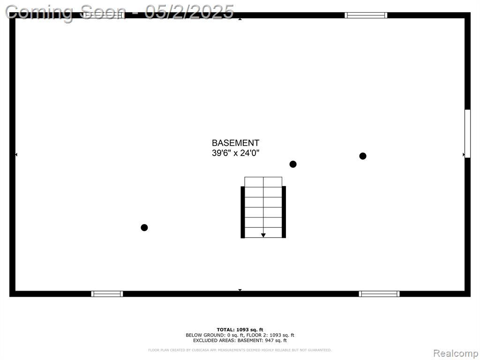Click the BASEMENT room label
235,143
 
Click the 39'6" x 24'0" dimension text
235,153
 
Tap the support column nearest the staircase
293,165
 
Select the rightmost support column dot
363,156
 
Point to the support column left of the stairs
144,227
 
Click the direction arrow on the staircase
263,235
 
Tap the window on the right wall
467,134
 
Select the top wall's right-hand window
366,15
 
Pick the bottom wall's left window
107,294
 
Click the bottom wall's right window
379,294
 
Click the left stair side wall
243,212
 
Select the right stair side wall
284,212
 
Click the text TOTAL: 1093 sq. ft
240,330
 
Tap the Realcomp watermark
456,353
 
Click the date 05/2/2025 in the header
189,12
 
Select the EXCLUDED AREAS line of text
240,340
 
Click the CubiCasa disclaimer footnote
240,350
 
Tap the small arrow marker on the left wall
16,155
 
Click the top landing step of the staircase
263,182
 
